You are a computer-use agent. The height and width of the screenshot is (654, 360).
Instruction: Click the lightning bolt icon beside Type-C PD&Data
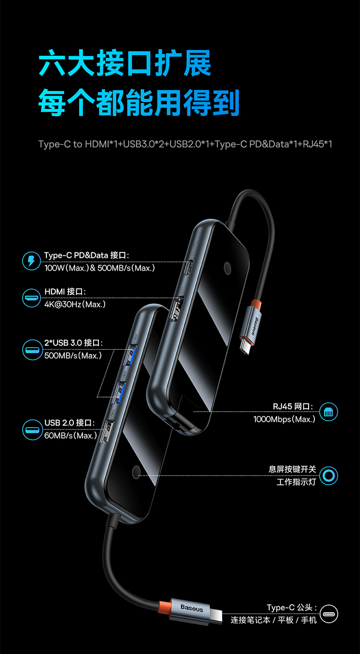pos(32,262)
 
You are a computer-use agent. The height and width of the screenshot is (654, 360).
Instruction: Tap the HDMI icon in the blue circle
pos(32,298)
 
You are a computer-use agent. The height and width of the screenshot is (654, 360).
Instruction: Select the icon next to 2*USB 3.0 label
pos(32,349)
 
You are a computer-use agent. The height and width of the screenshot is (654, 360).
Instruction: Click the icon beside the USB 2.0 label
pos(32,429)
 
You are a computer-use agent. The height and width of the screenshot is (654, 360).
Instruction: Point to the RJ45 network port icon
pos(329,412)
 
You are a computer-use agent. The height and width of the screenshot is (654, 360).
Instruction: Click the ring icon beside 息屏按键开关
pos(329,476)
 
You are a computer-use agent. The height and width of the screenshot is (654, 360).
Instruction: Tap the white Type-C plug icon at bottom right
pos(329,614)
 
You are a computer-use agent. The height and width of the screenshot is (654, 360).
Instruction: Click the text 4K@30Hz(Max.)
pos(75,304)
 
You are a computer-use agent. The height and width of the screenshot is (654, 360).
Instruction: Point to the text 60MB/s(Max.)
pos(71,436)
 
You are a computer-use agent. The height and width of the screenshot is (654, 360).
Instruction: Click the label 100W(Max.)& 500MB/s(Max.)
pos(100,268)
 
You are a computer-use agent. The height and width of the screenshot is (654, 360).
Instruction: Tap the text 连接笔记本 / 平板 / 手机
pos(274,620)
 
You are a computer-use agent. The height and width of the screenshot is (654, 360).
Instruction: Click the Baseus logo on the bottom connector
pos(192,608)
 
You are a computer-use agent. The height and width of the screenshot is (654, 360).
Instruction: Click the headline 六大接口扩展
pos(125,65)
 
